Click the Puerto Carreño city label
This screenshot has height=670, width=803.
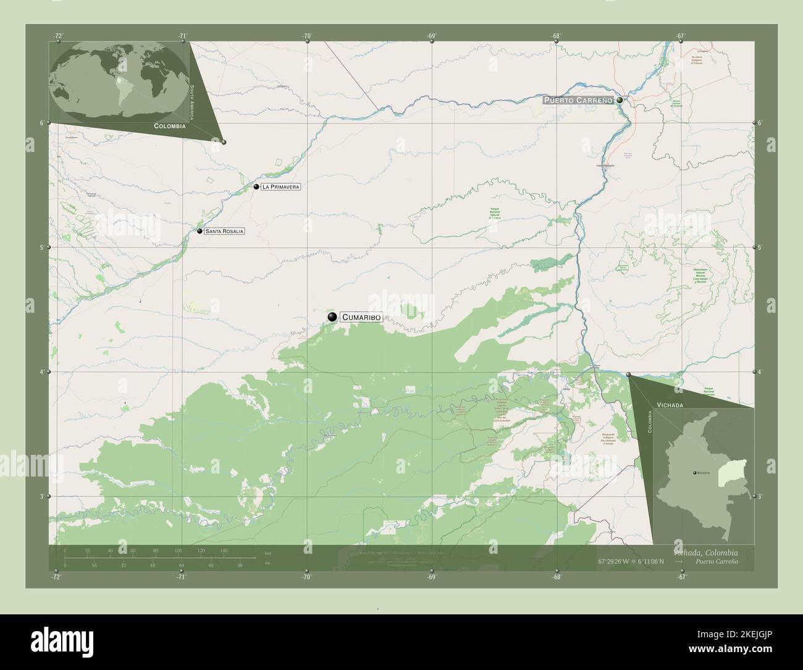578,100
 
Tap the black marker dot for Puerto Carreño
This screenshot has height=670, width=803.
620,100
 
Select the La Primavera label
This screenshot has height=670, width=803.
280,187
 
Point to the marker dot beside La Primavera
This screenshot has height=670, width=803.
256,186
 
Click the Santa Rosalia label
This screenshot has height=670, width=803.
225,231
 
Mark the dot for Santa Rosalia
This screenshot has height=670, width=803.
200,231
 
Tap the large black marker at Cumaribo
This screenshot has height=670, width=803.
332,317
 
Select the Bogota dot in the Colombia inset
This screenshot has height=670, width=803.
695,472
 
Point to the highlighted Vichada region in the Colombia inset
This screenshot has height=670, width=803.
739,472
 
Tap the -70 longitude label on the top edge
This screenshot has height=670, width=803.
307,36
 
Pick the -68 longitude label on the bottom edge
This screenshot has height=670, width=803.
557,577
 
